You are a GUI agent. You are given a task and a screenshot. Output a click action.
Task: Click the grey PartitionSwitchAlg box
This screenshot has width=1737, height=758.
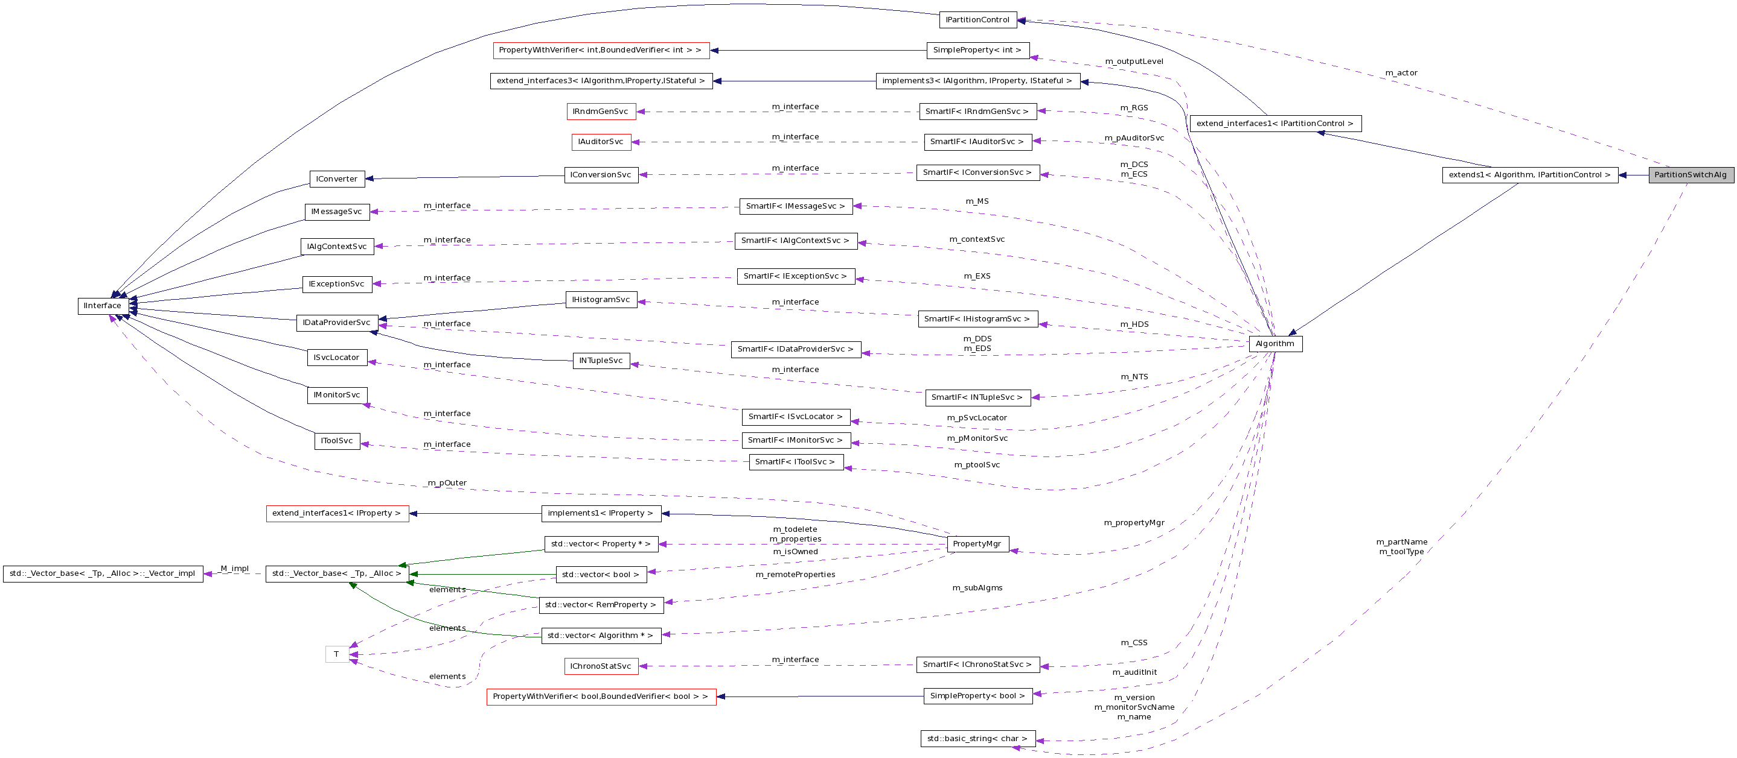pyautogui.click(x=1691, y=174)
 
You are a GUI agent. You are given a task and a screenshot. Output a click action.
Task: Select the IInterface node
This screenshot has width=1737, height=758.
pyautogui.click(x=103, y=306)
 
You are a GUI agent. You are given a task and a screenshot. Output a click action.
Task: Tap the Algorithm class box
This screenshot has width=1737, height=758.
pyautogui.click(x=1275, y=344)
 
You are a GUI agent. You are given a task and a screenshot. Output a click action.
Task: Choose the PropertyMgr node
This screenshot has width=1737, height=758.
pyautogui.click(x=977, y=544)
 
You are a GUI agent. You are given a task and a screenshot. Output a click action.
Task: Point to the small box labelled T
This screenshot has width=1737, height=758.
pyautogui.click(x=336, y=654)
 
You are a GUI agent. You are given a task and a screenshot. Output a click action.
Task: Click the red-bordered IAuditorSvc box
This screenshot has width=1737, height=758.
pyautogui.click(x=601, y=142)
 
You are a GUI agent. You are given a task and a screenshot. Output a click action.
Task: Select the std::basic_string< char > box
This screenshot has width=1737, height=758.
pyautogui.click(x=977, y=739)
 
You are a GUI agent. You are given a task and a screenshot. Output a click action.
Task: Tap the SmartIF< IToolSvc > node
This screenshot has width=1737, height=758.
pyautogui.click(x=796, y=462)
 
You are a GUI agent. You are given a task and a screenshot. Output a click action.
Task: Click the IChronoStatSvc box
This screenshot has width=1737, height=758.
pyautogui.click(x=601, y=666)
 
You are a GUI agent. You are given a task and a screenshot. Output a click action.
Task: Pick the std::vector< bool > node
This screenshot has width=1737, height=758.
pyautogui.click(x=601, y=575)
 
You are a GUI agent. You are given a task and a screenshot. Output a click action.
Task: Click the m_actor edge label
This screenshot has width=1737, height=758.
pyautogui.click(x=1401, y=73)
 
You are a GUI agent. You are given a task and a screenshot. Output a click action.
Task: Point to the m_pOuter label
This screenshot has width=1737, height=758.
pyautogui.click(x=447, y=483)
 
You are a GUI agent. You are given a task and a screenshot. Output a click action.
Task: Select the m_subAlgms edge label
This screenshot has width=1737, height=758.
pyautogui.click(x=977, y=588)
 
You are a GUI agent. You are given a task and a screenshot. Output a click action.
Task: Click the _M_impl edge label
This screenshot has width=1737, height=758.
pyautogui.click(x=234, y=569)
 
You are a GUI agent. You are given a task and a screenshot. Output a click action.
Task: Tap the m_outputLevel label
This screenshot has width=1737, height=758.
pyautogui.click(x=1134, y=62)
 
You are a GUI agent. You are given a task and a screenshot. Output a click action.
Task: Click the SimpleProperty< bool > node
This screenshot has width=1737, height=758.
pyautogui.click(x=977, y=696)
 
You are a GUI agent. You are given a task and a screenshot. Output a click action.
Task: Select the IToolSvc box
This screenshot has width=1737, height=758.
pyautogui.click(x=336, y=441)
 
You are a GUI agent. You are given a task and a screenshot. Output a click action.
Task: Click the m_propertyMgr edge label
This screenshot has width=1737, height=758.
pyautogui.click(x=1134, y=523)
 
